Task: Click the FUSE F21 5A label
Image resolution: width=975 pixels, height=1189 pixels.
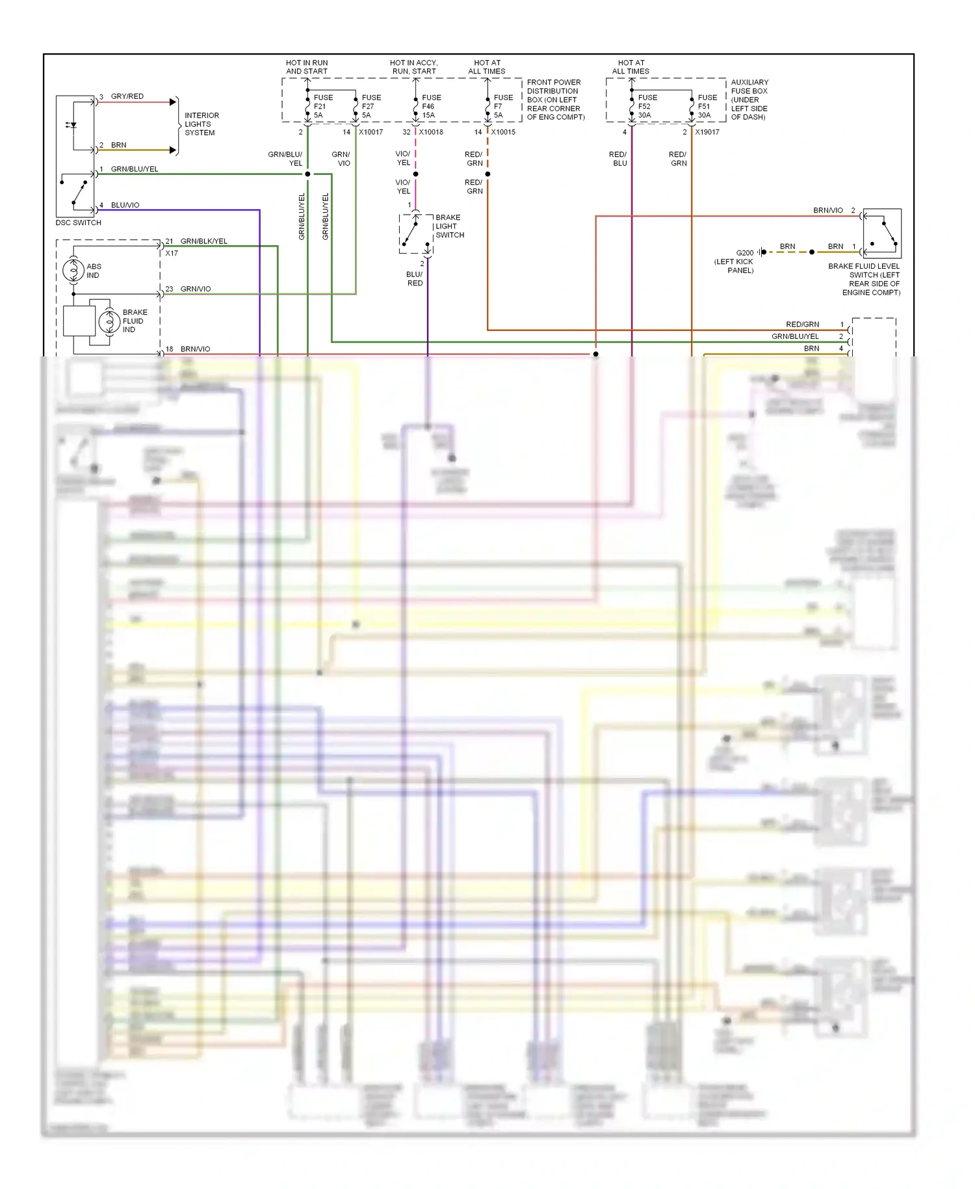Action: [322, 106]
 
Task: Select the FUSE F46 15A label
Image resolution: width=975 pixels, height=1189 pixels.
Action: [431, 106]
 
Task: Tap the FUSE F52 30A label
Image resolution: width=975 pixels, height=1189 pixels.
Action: [647, 106]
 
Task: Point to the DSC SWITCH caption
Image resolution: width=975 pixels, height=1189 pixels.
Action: [79, 222]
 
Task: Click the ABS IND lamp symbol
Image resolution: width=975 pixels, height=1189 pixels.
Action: [73, 270]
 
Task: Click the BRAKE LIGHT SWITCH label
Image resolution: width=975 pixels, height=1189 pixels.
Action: [449, 226]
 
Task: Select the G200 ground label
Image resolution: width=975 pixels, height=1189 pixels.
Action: [745, 253]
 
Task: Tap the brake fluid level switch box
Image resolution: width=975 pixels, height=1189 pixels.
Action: [882, 234]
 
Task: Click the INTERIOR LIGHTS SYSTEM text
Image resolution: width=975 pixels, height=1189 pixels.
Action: [201, 124]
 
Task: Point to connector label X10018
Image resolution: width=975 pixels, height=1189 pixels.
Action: [431, 132]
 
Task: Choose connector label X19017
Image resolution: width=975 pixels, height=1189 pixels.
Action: [707, 132]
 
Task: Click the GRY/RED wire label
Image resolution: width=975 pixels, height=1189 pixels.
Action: [127, 96]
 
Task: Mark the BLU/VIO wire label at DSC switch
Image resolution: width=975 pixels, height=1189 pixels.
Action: [125, 205]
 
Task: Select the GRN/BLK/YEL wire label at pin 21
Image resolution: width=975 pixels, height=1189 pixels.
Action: [203, 241]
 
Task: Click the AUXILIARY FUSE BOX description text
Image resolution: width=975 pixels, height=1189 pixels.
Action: [749, 100]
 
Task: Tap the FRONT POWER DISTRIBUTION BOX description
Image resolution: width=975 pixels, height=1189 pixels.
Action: [555, 100]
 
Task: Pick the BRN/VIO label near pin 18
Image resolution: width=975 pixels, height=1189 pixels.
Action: [195, 349]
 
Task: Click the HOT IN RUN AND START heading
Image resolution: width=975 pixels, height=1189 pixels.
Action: [307, 67]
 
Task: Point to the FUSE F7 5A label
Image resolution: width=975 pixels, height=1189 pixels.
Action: [502, 106]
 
